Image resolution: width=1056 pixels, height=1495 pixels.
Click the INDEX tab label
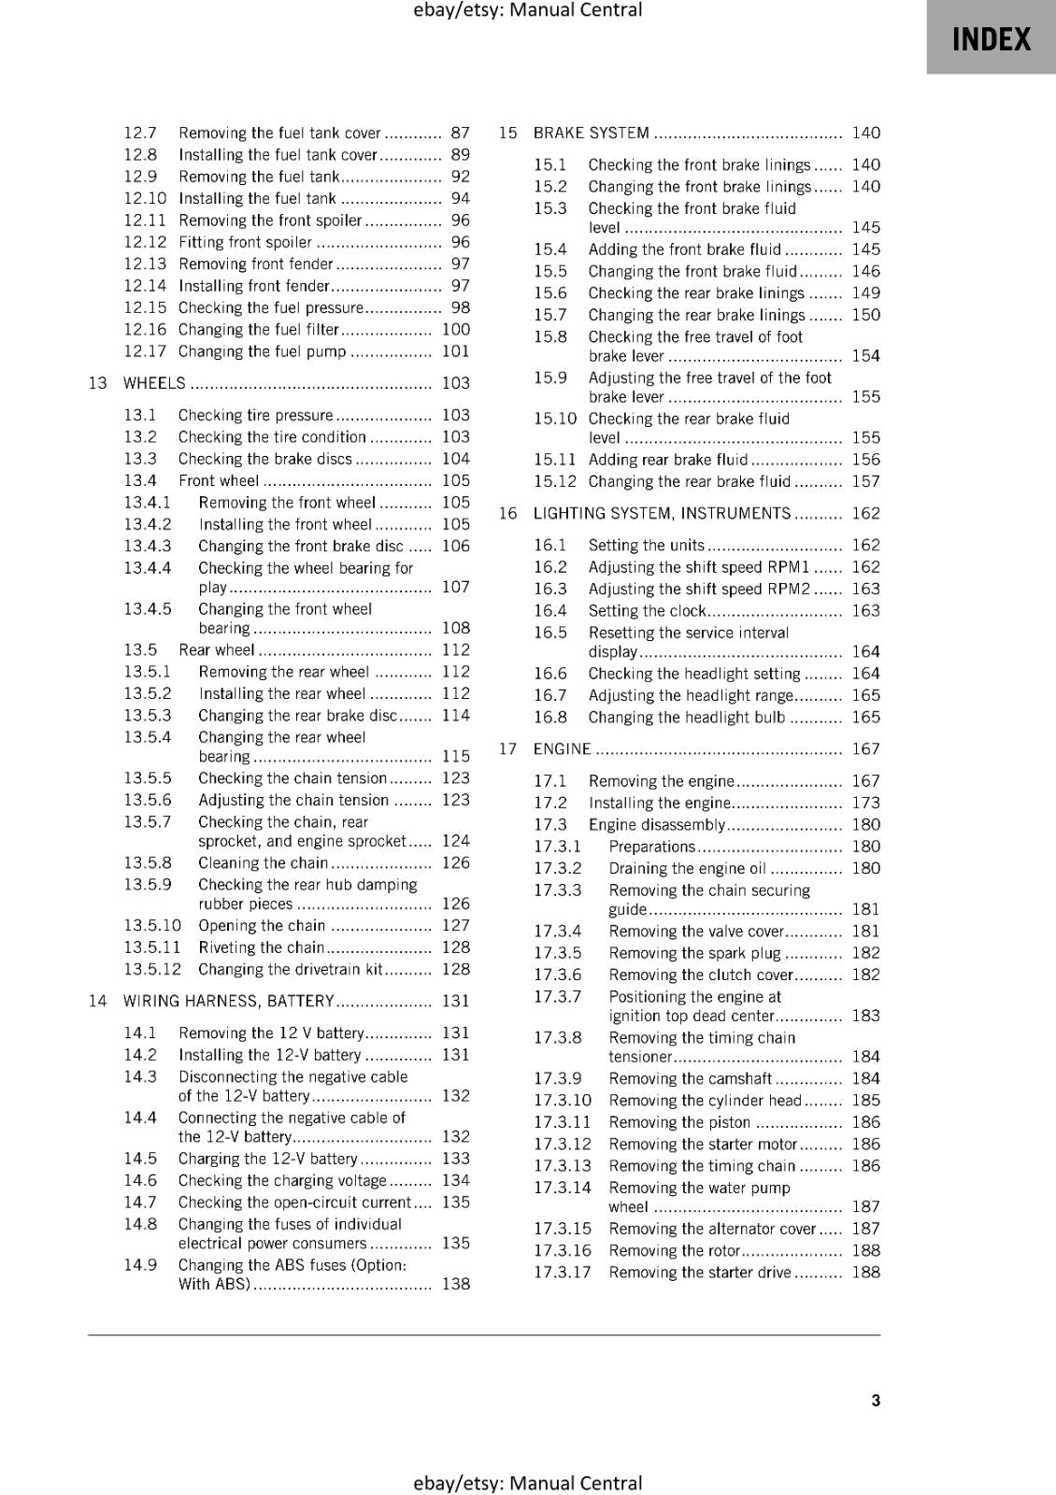pyautogui.click(x=991, y=39)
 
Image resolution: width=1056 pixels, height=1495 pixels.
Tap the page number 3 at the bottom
pyautogui.click(x=875, y=1400)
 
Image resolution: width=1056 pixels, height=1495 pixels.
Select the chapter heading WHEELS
pyautogui.click(x=154, y=383)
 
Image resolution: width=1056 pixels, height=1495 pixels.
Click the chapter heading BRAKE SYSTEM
pyautogui.click(x=591, y=133)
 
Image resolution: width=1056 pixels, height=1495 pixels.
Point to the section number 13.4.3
pyautogui.click(x=148, y=547)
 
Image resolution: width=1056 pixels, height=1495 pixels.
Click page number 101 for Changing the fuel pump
pyautogui.click(x=455, y=351)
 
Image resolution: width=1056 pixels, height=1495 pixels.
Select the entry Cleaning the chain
pyautogui.click(x=263, y=862)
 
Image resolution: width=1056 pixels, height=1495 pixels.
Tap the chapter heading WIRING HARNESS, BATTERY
pyautogui.click(x=228, y=1001)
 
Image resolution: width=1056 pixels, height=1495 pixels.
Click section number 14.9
pyautogui.click(x=140, y=1265)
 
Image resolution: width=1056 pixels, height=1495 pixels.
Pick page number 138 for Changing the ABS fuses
pyautogui.click(x=455, y=1284)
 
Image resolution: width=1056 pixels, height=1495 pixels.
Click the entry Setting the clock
pyautogui.click(x=647, y=611)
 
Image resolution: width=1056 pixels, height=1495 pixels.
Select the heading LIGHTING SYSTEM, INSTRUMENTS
pyautogui.click(x=662, y=513)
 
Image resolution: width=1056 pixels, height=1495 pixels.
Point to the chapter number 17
pyautogui.click(x=507, y=748)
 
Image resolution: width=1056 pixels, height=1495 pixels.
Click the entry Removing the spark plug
pyautogui.click(x=694, y=953)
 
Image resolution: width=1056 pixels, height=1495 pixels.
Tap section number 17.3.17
pyautogui.click(x=563, y=1272)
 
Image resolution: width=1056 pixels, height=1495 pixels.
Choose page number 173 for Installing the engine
pyautogui.click(x=865, y=803)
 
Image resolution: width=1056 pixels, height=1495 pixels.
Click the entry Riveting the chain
pyautogui.click(x=261, y=947)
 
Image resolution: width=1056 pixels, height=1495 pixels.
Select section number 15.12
pyautogui.click(x=555, y=481)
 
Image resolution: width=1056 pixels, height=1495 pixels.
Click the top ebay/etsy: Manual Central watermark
pyautogui.click(x=527, y=10)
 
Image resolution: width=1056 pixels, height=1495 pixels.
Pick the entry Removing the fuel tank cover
pyautogui.click(x=279, y=133)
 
